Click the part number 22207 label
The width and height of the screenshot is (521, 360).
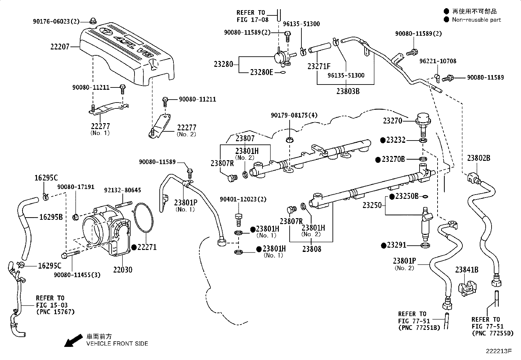[60, 47]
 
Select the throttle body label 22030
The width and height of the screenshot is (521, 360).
[123, 270]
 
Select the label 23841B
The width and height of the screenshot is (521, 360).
[467, 270]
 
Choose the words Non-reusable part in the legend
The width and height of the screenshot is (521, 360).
[476, 20]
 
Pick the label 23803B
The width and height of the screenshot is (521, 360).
[348, 91]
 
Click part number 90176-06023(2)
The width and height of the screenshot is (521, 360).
[56, 21]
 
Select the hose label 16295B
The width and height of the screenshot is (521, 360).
[51, 217]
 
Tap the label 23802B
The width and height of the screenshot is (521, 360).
[478, 158]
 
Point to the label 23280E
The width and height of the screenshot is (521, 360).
[261, 72]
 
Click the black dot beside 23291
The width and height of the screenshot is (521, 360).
[384, 245]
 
